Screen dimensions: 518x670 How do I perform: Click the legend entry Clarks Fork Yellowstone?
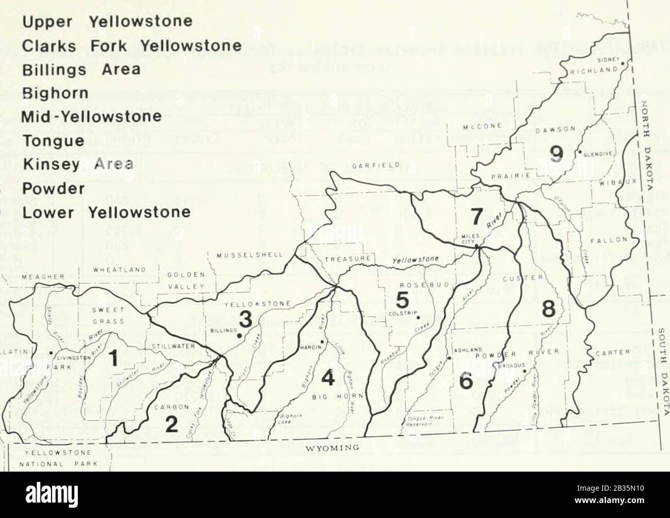[132, 45]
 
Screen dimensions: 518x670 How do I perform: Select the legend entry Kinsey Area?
[77, 165]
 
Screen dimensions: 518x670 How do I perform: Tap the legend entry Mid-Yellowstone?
[92, 117]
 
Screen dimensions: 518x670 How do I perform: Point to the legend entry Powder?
[53, 189]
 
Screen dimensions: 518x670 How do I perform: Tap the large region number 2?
[171, 424]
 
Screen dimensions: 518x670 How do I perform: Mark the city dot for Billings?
[239, 336]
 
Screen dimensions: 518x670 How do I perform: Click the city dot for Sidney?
[623, 63]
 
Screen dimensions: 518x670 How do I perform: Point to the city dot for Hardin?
[322, 342]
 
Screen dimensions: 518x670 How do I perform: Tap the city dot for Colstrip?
[418, 317]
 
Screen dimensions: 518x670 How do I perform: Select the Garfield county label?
[369, 166]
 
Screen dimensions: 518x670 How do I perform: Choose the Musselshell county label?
[249, 255]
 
